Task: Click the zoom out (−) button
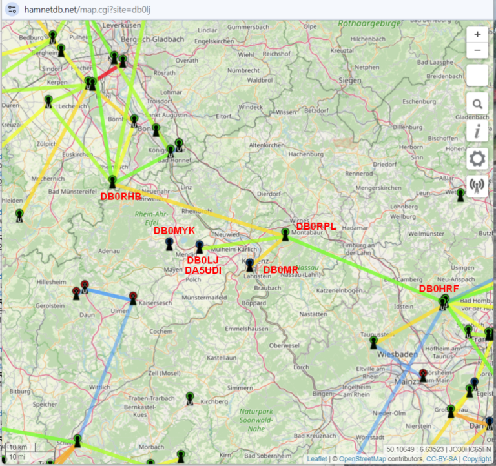477,50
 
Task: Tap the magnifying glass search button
477,103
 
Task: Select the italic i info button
477,131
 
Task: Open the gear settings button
477,159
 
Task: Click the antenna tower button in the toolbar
477,187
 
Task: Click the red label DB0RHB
121,197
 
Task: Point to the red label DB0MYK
174,230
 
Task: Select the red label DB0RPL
316,227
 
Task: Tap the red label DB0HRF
439,289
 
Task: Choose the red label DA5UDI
203,270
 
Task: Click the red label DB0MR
280,269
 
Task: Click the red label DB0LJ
203,259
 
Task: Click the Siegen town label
349,80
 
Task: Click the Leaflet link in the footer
316,458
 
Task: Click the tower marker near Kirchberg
189,398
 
